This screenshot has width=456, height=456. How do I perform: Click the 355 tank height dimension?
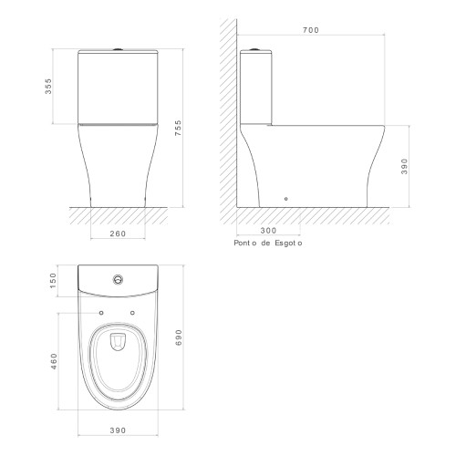pos(48,87)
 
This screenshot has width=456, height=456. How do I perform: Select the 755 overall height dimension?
pos(178,128)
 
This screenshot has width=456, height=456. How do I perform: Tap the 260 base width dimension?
pos(118,233)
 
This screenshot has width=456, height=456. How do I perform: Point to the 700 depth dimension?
pos(311,30)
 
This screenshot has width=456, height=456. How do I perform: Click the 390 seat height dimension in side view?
pos(404,166)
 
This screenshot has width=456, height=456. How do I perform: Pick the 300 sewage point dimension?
pos(268,231)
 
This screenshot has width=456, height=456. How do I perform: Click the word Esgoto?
pos(288,244)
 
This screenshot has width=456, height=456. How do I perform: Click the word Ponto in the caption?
pos(245,244)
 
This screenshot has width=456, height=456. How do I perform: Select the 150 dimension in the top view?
pos(53,281)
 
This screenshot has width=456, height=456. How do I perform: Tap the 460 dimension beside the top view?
pos(54,361)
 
